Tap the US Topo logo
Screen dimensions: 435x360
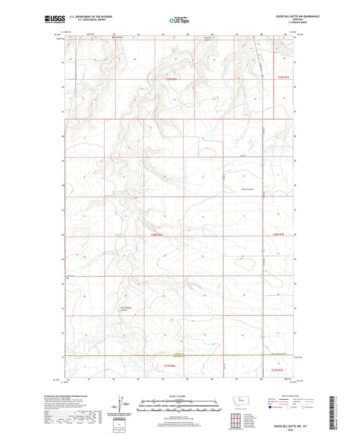(x=180, y=21)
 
